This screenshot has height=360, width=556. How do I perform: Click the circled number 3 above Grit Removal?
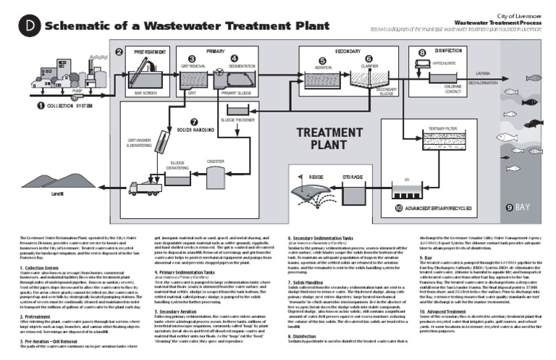coord(191,58)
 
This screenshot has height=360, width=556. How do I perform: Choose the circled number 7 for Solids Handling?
coord(193,121)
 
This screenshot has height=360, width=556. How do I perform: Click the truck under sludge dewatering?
coord(144,188)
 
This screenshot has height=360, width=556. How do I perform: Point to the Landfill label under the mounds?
coord(58,194)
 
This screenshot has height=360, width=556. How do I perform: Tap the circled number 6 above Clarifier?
coord(368,59)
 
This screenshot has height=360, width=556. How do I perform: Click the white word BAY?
coord(523,207)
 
